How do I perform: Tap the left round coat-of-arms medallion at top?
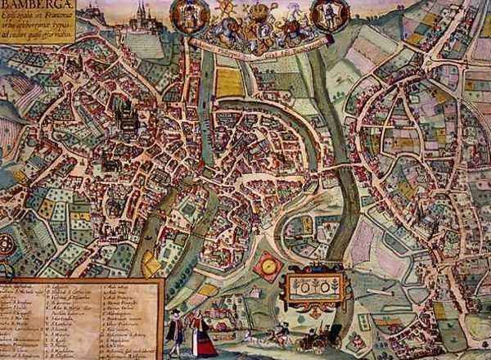187,16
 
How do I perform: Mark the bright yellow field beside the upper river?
230,82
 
